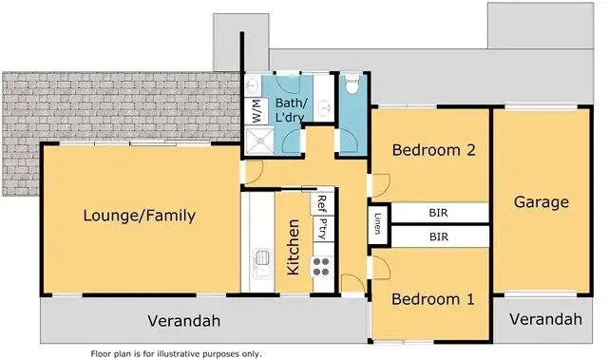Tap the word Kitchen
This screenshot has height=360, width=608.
click(x=294, y=246)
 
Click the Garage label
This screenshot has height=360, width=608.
click(x=541, y=202)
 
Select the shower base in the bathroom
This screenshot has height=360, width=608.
click(x=258, y=142)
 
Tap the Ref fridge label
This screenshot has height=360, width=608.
click(x=322, y=201)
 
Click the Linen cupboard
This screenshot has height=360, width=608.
click(x=378, y=224)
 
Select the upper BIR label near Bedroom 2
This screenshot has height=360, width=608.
click(x=439, y=213)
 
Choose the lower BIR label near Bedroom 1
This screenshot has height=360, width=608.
click(x=439, y=236)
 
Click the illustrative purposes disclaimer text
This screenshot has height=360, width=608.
click(x=176, y=353)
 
